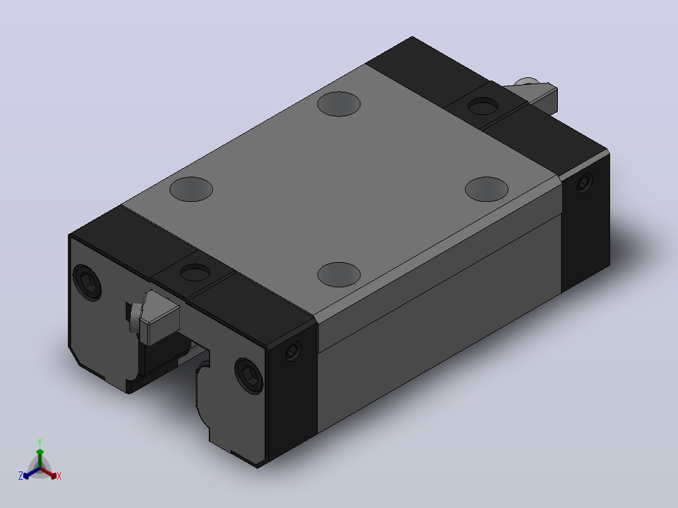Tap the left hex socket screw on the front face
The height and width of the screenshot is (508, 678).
pos(88,282)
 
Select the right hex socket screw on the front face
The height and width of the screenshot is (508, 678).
pos(249,376)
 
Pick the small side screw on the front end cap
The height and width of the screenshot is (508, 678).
pos(294,350)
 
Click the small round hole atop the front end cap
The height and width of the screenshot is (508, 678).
pos(195,273)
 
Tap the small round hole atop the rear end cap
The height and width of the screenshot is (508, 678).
pos(483,106)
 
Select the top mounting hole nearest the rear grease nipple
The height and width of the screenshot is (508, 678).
pos(339,104)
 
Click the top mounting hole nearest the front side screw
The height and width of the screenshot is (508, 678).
pos(339,275)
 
